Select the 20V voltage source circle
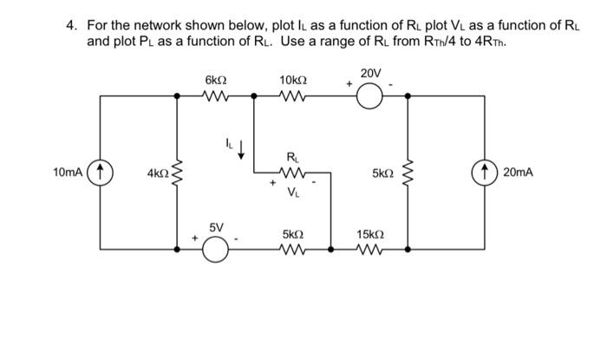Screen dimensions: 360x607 (370, 97)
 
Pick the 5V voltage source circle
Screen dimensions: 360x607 (216, 250)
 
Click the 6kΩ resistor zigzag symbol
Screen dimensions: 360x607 (215, 97)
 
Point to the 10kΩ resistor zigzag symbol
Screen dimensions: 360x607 (291, 97)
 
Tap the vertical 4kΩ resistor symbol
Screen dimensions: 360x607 (179, 173)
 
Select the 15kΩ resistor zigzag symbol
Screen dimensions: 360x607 (369, 250)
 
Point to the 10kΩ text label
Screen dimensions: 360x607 (292, 80)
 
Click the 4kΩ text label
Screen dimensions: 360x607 (158, 173)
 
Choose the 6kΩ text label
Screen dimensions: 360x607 (215, 80)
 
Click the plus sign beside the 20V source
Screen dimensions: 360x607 (349, 84)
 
